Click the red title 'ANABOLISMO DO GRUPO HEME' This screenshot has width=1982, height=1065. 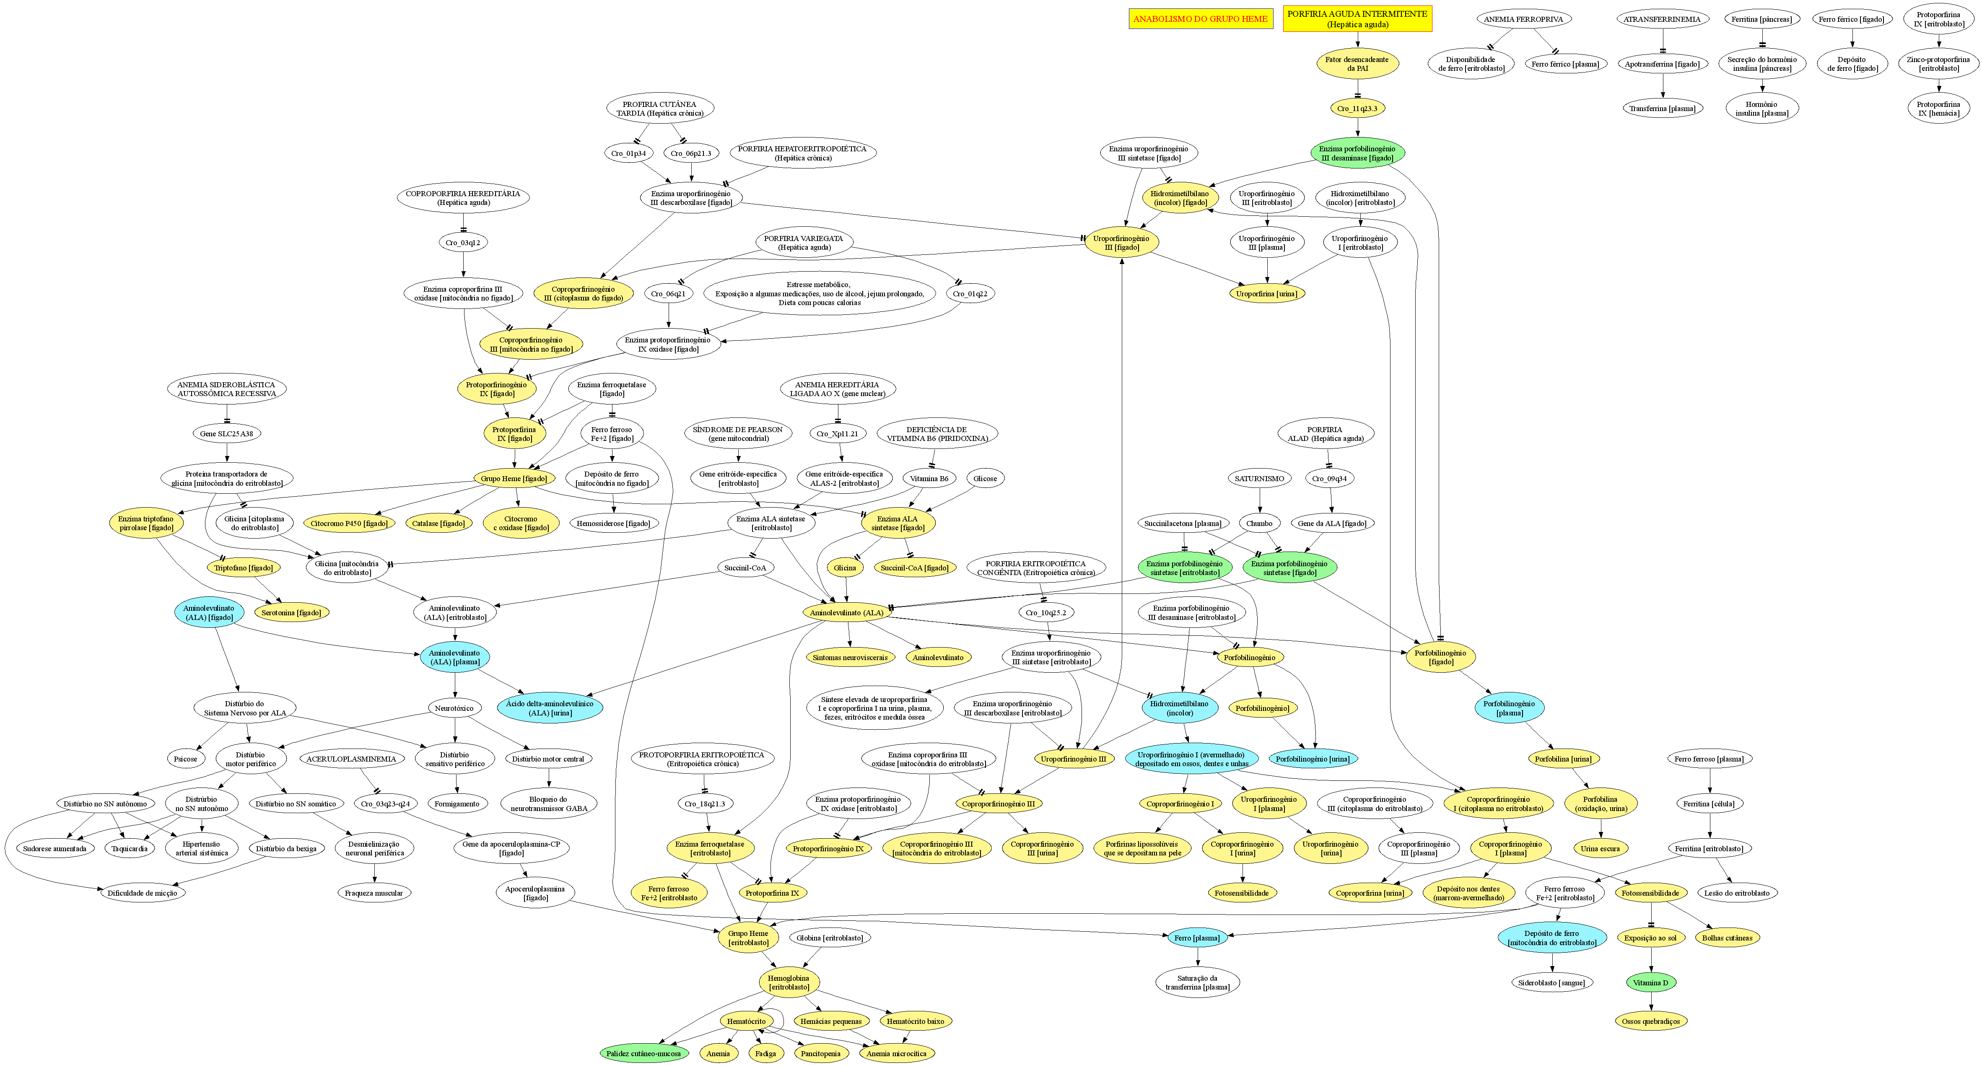(1200, 19)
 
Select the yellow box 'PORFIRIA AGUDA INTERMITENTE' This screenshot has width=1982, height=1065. (1357, 19)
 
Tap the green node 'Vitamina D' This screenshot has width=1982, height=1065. (1650, 983)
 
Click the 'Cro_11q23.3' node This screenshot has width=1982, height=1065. (1357, 109)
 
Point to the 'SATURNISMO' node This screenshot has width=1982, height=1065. (1260, 479)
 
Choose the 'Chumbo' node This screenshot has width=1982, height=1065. (1260, 523)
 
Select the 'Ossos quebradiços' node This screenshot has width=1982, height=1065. (1650, 1021)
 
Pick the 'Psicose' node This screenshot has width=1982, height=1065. (185, 759)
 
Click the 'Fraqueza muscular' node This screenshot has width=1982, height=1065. (374, 894)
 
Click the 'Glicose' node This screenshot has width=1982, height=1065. (985, 479)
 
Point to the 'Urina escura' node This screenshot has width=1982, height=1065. (1601, 849)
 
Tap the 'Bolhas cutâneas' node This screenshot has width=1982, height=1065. (1727, 938)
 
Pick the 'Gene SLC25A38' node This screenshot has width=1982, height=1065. (226, 434)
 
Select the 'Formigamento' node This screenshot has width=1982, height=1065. (457, 804)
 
